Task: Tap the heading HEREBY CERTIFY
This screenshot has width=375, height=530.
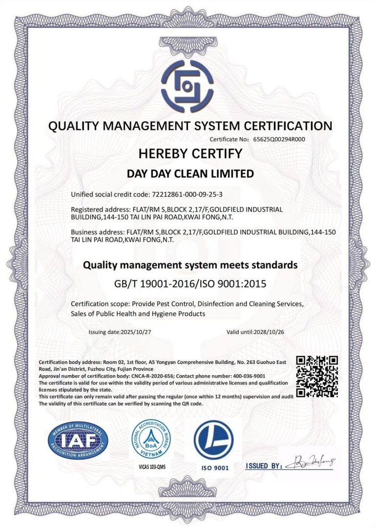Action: [x=190, y=154]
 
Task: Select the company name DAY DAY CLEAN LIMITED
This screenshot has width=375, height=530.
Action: [x=190, y=173]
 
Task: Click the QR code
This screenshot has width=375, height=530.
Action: [x=317, y=376]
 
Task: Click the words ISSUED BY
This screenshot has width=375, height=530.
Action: [x=264, y=466]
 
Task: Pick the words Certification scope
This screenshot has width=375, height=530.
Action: [x=96, y=304]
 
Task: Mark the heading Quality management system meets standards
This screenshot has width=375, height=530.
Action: [x=190, y=266]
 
